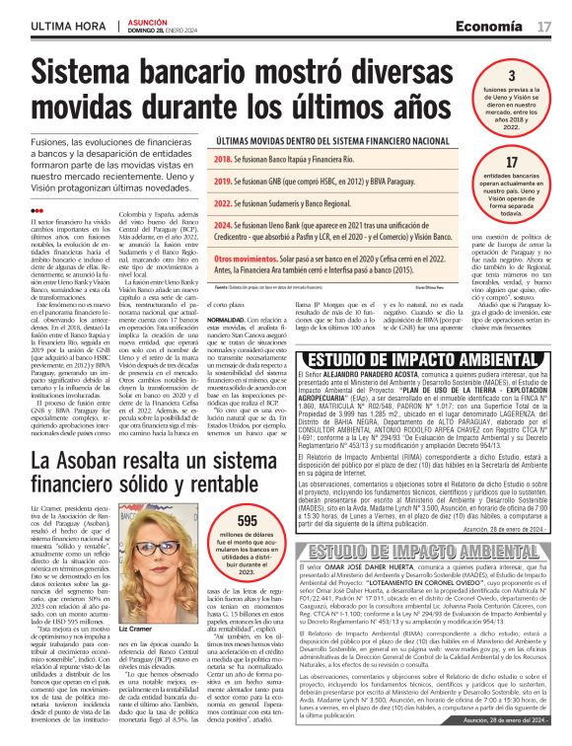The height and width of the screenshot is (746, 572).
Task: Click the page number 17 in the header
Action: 544,25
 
